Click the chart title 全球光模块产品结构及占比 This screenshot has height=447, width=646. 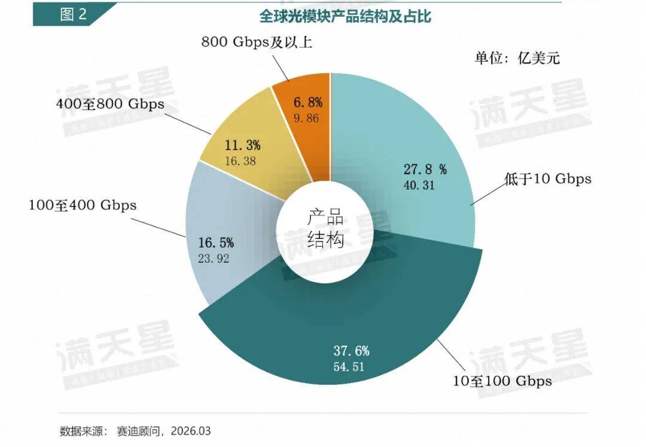[x=345, y=16]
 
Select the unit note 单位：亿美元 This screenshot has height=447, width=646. [x=517, y=58]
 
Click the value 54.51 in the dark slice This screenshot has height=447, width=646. [x=349, y=366]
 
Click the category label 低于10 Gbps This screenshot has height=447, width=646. [x=547, y=178]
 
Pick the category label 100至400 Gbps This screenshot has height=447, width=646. [x=83, y=205]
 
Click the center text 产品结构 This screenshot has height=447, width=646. [x=325, y=229]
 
